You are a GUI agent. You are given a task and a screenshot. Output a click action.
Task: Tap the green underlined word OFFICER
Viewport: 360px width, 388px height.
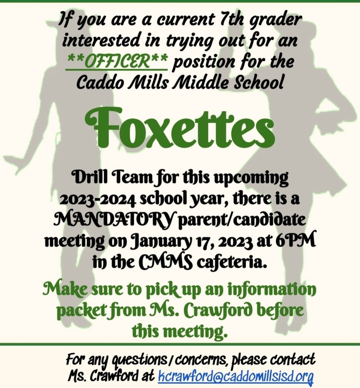[x=117, y=61]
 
